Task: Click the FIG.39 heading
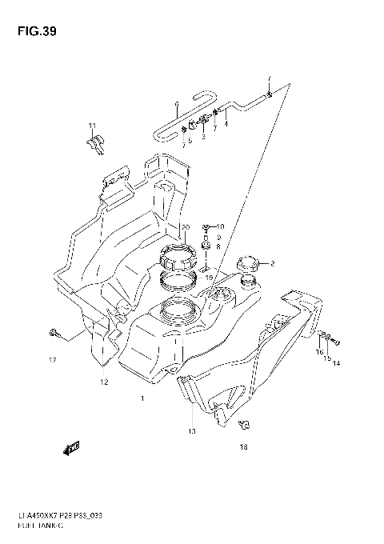34,33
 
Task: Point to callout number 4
226,124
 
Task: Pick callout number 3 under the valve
203,137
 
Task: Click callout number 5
190,141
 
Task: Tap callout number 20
185,227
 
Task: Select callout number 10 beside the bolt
221,227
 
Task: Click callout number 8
218,247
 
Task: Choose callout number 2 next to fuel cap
273,263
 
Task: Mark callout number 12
104,382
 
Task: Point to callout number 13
191,431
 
